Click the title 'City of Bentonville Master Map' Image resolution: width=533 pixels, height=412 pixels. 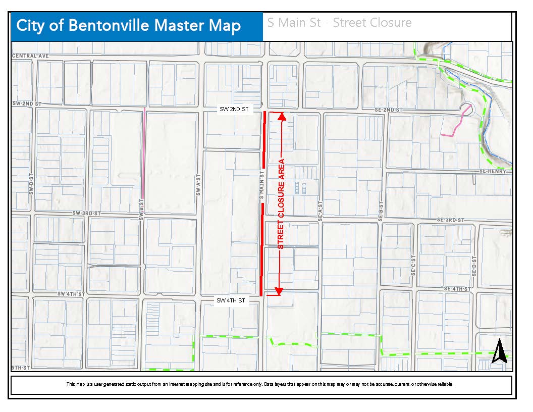129,26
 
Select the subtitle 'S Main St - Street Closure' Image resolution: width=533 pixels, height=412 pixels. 339,23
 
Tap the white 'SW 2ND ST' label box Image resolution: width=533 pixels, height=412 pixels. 233,109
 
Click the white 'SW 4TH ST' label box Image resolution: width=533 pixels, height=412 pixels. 231,301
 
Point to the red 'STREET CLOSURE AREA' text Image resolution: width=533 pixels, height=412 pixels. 281,204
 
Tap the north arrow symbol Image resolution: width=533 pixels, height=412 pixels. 499,351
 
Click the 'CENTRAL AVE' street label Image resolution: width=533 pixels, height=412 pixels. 31,56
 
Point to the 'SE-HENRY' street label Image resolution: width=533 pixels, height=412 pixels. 496,172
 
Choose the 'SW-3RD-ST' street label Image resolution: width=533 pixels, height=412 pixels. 87,214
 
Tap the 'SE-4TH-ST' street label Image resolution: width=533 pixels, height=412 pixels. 457,289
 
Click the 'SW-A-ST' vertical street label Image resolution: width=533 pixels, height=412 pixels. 198,182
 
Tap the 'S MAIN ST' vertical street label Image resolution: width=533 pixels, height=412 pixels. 262,186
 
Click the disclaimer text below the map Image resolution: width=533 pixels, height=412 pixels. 260,384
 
